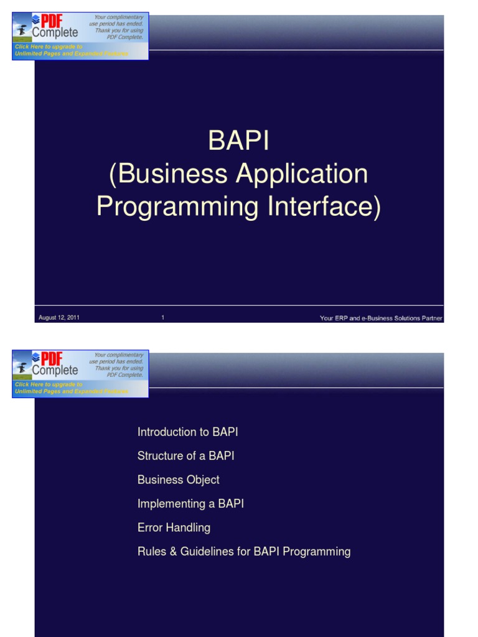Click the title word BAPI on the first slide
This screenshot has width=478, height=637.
point(239,141)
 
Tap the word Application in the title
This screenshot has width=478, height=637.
point(304,174)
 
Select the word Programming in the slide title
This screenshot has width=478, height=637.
point(177,207)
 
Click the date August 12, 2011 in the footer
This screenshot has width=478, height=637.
point(59,318)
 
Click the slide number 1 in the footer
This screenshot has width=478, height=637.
point(163,318)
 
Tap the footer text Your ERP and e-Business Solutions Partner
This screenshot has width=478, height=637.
point(381,318)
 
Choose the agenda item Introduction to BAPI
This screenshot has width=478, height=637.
point(187,432)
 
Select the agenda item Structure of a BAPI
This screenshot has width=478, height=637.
point(185,456)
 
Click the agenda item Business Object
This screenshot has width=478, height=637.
point(178,480)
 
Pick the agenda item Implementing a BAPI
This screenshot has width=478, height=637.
point(190,504)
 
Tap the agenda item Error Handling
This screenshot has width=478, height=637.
point(174,528)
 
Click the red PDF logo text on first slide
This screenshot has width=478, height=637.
point(52,21)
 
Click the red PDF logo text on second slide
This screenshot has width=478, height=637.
point(52,359)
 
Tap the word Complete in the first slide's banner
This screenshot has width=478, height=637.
point(55,33)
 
